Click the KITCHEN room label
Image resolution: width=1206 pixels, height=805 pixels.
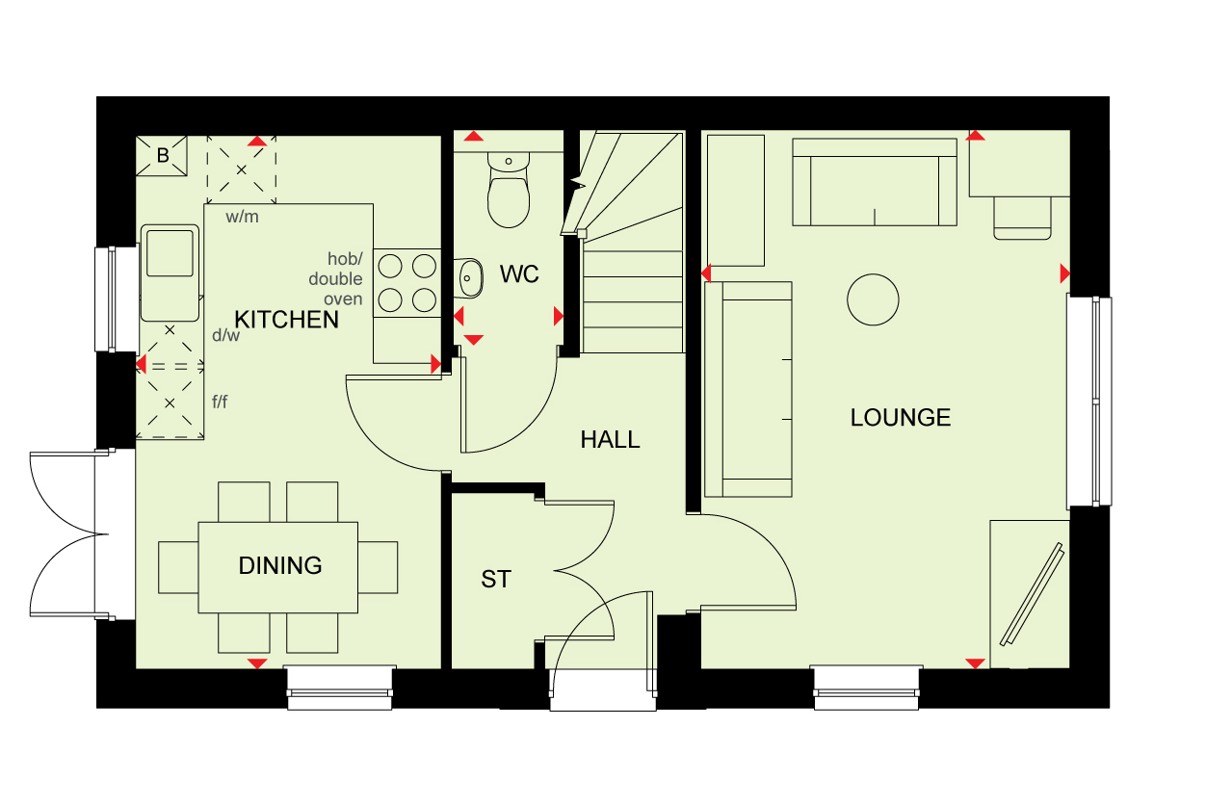click(x=286, y=320)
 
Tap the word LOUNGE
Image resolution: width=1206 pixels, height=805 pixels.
click(x=901, y=418)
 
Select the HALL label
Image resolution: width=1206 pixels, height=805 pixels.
click(x=610, y=440)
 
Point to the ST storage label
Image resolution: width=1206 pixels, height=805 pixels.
click(x=496, y=579)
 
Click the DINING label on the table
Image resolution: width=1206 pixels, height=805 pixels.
click(x=280, y=565)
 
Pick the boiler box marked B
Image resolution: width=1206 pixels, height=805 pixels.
click(x=162, y=156)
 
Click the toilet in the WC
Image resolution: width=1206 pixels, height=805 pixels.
click(x=509, y=190)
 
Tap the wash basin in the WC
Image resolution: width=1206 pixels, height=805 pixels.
click(x=468, y=278)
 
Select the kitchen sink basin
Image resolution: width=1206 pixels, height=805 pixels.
click(x=170, y=253)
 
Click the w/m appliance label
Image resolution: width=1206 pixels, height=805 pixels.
click(x=243, y=217)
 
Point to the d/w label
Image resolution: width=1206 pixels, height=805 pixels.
click(x=225, y=335)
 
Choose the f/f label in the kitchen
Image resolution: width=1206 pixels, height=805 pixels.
click(x=220, y=402)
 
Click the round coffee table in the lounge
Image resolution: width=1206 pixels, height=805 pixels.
click(x=873, y=299)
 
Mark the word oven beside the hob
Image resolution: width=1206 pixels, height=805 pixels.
click(x=343, y=299)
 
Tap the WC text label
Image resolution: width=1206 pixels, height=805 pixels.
click(x=519, y=273)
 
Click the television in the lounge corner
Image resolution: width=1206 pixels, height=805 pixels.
click(x=1032, y=594)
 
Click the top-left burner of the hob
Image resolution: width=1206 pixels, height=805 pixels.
click(x=390, y=266)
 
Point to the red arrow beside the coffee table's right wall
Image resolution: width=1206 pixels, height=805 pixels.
click(x=1064, y=273)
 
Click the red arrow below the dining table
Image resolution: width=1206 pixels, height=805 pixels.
click(x=257, y=663)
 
